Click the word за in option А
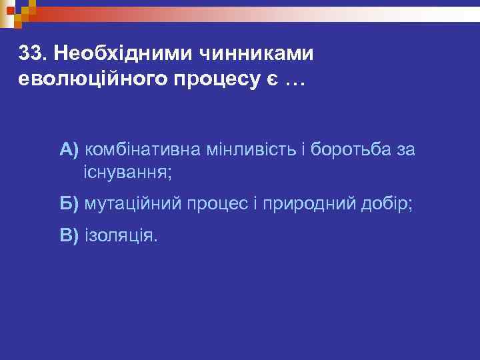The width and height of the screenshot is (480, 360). (405, 149)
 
